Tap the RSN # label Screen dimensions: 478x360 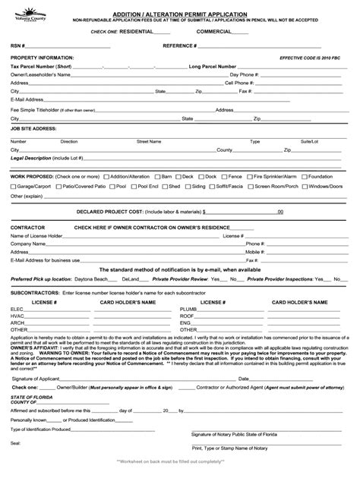17,46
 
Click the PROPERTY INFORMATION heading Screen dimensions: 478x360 42,58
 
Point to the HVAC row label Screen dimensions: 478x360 17,316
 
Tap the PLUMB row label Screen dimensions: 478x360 189,309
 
